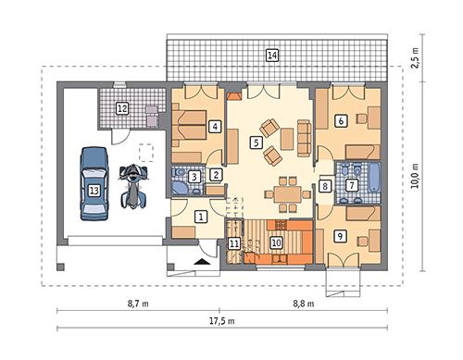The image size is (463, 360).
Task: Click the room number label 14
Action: point(271,56)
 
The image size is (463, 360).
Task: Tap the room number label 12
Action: point(122,109)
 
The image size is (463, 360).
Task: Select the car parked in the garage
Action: point(93,185)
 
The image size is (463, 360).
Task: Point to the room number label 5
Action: point(256,143)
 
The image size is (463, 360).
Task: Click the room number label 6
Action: point(341,119)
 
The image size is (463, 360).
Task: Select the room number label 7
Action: point(352,185)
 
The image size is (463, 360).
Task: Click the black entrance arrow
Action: point(202,263)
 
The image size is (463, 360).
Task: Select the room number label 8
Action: point(325,186)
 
